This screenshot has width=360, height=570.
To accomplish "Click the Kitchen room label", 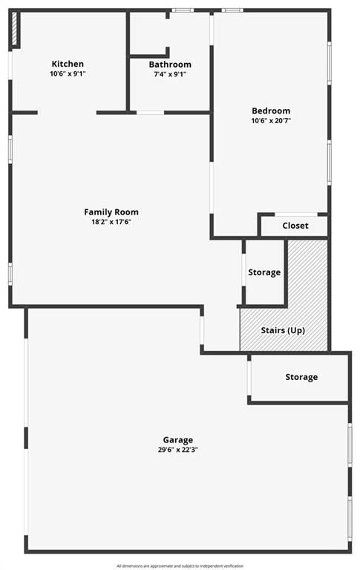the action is tap(68, 64).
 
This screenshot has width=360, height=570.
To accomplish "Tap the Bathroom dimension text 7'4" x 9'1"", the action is tap(170, 74).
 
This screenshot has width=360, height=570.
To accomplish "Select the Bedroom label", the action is tap(271, 111).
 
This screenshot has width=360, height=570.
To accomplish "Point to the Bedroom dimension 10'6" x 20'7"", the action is tap(271, 121).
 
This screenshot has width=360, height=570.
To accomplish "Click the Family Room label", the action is tap(111, 212).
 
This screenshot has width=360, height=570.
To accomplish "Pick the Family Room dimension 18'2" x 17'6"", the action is tap(111, 222).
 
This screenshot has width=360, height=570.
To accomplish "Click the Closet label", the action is tap(295, 226).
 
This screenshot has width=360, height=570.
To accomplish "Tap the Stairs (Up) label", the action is tap(283, 330).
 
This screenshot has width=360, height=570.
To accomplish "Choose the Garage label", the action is tap(178, 440).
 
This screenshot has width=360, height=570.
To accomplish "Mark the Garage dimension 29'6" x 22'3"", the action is tap(178, 450).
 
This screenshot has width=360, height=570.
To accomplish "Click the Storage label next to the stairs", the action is tap(264, 272).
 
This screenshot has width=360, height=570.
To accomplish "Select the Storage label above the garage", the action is tap(301, 377).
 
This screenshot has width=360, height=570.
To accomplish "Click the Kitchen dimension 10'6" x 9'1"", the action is tap(68, 73).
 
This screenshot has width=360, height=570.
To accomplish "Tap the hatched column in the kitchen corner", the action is tap(15, 28).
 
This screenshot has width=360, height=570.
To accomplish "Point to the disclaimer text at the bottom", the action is tap(180, 566).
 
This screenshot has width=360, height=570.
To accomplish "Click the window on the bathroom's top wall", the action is tap(183, 10).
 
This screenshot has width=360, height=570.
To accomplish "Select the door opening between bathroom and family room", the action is tap(150, 113).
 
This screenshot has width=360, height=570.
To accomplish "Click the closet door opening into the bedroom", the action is tap(296, 214).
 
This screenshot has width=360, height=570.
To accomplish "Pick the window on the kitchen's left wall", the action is tap(10, 65).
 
